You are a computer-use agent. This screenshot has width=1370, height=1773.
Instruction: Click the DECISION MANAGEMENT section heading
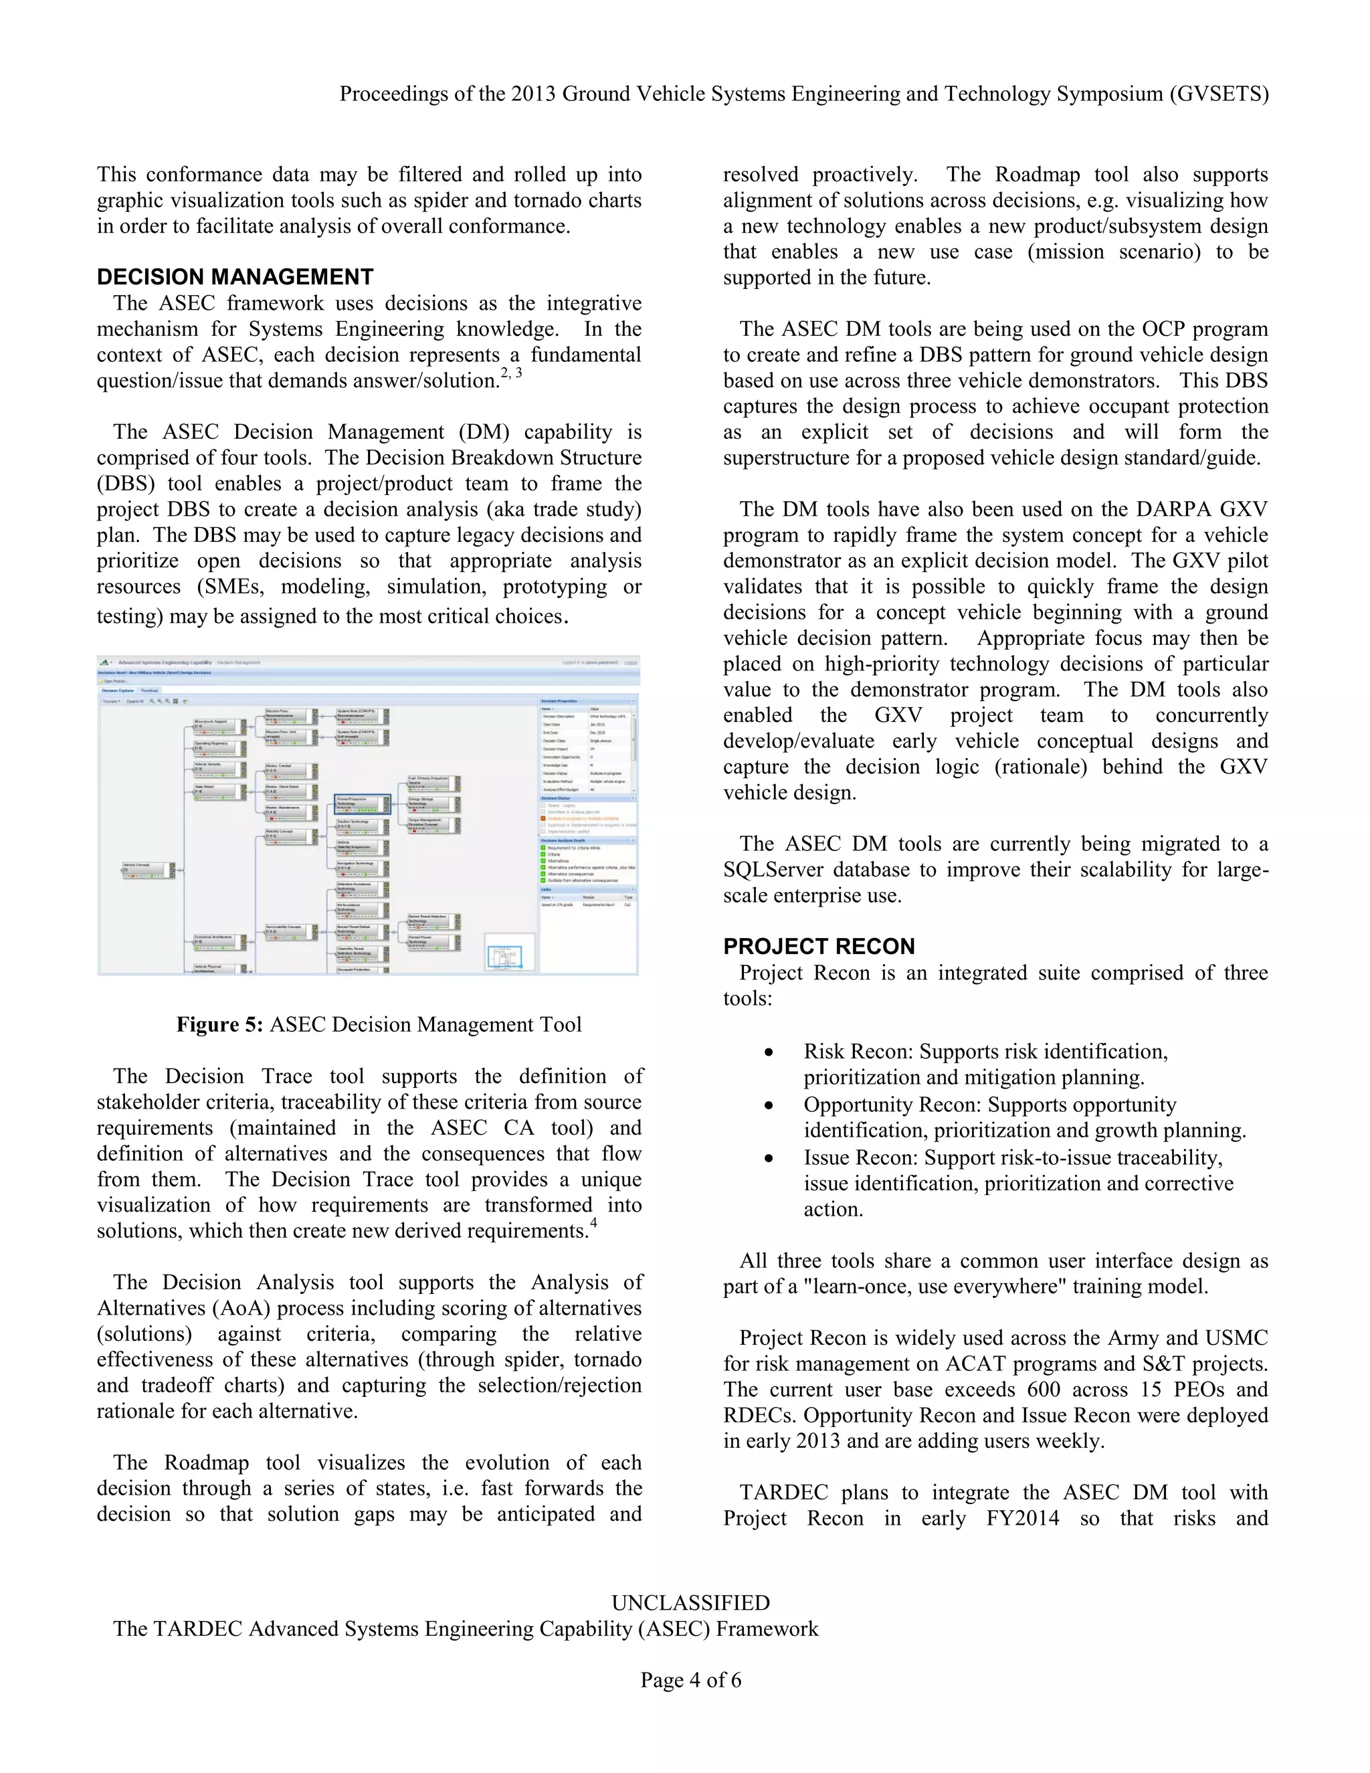(235, 277)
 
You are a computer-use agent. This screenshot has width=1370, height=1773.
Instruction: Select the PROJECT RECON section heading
(818, 946)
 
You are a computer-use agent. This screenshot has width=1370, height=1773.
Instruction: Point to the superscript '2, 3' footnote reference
(510, 373)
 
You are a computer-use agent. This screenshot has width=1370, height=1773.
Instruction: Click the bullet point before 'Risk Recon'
(768, 1053)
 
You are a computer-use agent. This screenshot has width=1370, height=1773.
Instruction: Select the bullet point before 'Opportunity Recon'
(768, 1106)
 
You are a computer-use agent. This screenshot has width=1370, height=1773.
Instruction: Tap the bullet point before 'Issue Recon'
(768, 1158)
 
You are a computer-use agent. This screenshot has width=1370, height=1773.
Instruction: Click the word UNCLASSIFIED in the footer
(690, 1602)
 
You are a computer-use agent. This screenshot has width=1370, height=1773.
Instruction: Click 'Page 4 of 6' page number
(690, 1679)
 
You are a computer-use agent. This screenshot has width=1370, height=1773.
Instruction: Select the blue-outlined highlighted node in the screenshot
(362, 804)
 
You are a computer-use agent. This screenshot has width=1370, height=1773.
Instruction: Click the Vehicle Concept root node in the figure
(149, 870)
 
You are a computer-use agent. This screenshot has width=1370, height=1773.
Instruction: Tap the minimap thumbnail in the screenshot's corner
(510, 952)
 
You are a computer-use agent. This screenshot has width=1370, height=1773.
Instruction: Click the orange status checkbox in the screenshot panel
(544, 818)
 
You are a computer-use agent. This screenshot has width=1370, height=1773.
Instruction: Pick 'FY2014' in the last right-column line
(1022, 1518)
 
